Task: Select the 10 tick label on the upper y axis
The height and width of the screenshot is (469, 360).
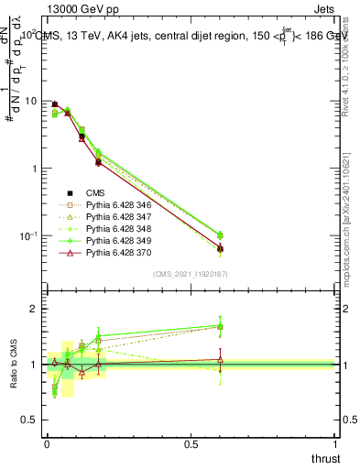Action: pyautogui.click(x=32, y=102)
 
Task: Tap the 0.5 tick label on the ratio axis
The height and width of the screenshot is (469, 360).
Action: pyautogui.click(x=32, y=419)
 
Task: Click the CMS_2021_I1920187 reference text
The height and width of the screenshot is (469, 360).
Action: pyautogui.click(x=191, y=273)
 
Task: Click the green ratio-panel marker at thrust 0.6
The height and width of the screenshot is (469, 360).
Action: pyautogui.click(x=220, y=326)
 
